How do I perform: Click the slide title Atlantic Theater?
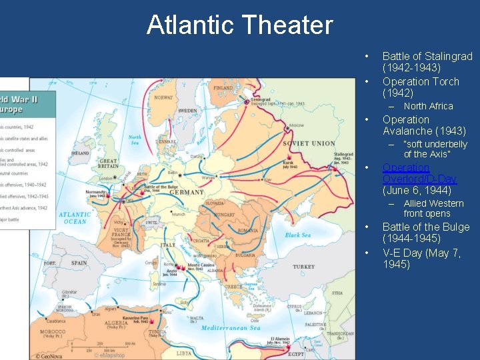(239, 25)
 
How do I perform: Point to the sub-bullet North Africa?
(428, 106)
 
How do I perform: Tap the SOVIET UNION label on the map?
(309, 143)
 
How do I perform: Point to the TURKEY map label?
(303, 267)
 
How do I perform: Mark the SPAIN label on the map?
(79, 263)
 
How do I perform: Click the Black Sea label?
(297, 235)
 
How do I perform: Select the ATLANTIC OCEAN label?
(75, 218)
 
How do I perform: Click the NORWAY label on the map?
(163, 97)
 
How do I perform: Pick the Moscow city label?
(295, 125)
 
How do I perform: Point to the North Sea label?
(135, 140)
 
